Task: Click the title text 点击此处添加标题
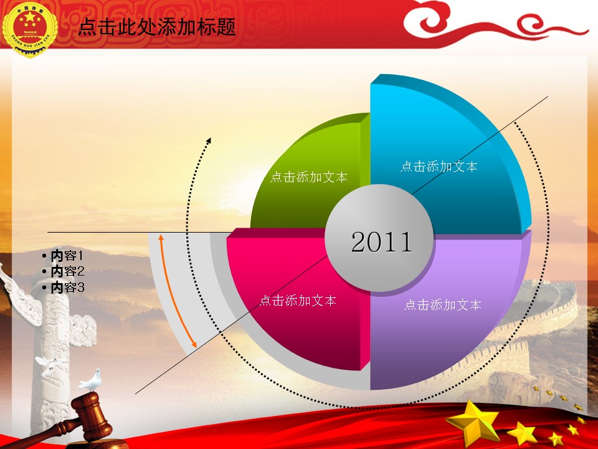[x=157, y=27]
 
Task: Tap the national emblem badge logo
[x=30, y=30]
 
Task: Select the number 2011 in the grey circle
[x=382, y=242]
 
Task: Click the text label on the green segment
[x=309, y=176]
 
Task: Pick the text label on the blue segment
[x=439, y=167]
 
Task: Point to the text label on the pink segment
[x=298, y=301]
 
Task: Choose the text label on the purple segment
[x=442, y=305]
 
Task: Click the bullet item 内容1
[x=64, y=256]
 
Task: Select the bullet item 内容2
[x=64, y=271]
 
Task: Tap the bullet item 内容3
[x=64, y=287]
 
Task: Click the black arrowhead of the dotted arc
[x=208, y=140]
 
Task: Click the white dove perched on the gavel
[x=91, y=380]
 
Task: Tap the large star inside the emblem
[x=30, y=17]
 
